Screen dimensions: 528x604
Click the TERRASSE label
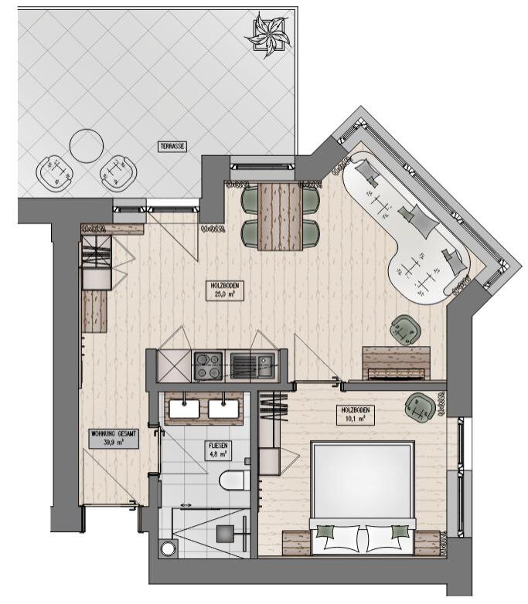tap(172, 147)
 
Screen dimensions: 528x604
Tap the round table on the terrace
tap(87, 146)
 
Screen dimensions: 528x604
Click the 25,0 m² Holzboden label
tap(225, 290)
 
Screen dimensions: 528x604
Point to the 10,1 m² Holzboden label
tap(355, 414)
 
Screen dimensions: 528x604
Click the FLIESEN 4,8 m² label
tap(218, 450)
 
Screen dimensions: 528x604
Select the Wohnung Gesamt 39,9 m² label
tap(114, 438)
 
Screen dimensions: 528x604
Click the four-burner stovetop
tap(208, 366)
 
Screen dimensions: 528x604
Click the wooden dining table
tap(280, 216)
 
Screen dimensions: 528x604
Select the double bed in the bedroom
tap(363, 499)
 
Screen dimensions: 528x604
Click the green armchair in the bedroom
tap(420, 407)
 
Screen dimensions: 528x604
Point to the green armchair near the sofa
tap(405, 330)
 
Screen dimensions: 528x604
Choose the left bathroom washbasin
tap(184, 409)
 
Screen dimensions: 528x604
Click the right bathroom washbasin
tap(223, 409)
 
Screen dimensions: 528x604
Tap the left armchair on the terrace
tap(55, 173)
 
